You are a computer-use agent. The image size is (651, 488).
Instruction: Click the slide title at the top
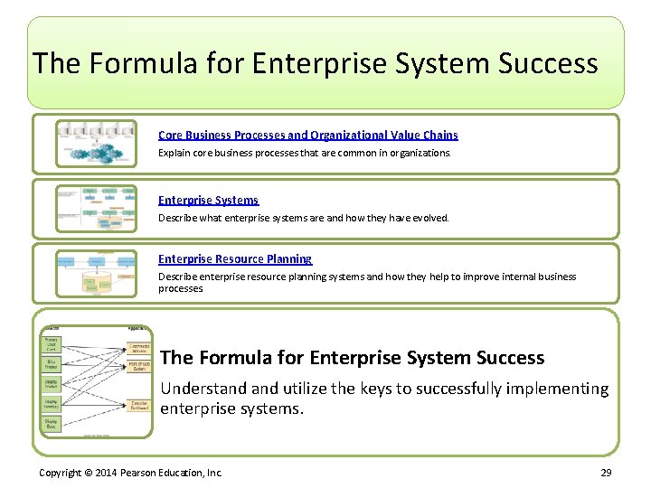pos(315,63)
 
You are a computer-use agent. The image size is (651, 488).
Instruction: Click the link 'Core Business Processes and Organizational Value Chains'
pos(307,135)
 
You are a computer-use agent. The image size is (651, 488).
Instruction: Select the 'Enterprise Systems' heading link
pos(208,200)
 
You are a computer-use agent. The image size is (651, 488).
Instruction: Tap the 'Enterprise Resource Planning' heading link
pos(235,258)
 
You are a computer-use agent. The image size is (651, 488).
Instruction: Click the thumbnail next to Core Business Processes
pos(97,144)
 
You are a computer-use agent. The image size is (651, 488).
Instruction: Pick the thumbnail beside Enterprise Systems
pos(97,208)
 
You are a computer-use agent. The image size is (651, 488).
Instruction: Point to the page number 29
pos(606,474)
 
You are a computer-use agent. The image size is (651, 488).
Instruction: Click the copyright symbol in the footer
pos(90,474)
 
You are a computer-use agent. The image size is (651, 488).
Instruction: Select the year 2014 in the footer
pos(107,474)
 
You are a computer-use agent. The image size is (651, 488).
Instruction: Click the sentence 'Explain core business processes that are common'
pos(304,154)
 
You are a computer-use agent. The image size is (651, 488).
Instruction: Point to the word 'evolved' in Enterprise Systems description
pos(429,218)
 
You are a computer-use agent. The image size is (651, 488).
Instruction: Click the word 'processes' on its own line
pos(181,289)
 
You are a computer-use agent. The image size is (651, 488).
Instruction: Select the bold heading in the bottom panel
pos(352,358)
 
